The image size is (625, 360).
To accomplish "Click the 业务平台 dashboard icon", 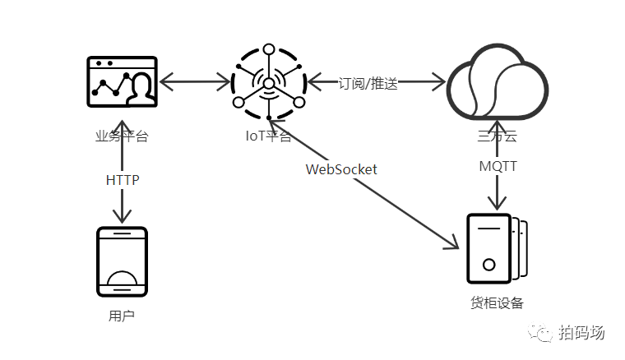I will pyautogui.click(x=122, y=82).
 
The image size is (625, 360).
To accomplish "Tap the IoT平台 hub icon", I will pyautogui.click(x=269, y=82).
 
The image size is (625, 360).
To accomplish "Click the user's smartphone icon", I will pyautogui.click(x=123, y=261).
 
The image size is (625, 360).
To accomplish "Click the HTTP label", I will pyautogui.click(x=123, y=180).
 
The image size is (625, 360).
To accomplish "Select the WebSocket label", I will pyautogui.click(x=341, y=169).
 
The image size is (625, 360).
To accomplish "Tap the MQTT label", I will pyautogui.click(x=498, y=166).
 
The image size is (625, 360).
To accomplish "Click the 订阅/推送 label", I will pyautogui.click(x=368, y=83).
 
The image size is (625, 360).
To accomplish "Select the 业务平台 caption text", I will pyautogui.click(x=122, y=136).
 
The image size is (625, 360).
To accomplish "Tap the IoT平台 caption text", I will pyautogui.click(x=268, y=136).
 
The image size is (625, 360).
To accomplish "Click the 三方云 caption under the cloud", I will pyautogui.click(x=497, y=136).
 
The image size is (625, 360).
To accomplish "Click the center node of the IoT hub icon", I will pyautogui.click(x=269, y=83).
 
